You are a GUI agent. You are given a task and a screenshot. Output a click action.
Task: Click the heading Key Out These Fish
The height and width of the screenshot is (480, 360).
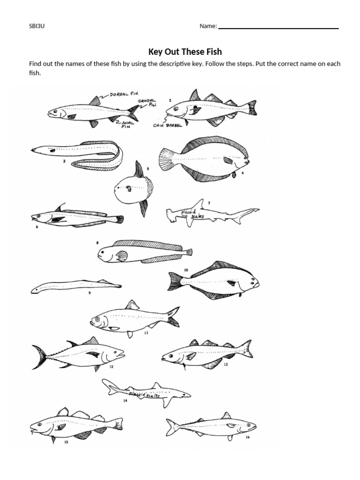tap(185, 52)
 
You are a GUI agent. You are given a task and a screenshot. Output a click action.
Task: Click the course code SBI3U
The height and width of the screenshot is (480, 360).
tap(37, 26)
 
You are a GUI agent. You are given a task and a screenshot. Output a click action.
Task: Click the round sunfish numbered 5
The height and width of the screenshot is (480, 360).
tap(131, 188)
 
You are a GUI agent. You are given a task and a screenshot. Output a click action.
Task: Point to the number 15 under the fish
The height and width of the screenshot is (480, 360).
tap(66, 442)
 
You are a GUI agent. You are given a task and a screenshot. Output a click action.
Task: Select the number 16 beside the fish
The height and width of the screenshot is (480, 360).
tap(247, 438)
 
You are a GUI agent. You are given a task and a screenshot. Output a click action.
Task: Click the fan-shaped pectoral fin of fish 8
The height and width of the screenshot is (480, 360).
tap(122, 255)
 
